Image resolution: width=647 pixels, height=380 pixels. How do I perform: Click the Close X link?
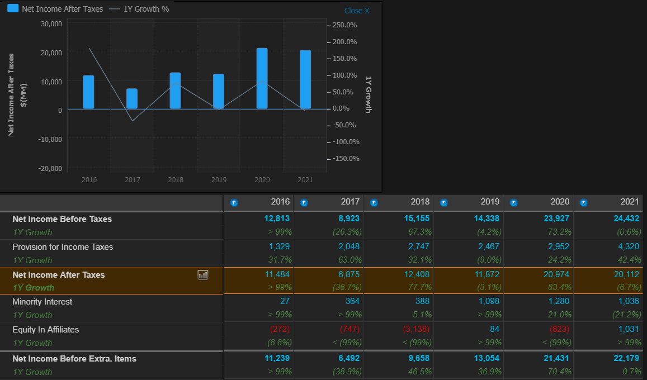coord(357,11)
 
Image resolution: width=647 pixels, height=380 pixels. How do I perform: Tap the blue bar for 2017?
coord(132,98)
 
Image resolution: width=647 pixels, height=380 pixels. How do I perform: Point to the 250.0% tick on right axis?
coord(344,25)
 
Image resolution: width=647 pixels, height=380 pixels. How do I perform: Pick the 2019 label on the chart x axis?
coord(219,180)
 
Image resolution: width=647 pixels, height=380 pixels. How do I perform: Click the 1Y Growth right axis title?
coord(368,94)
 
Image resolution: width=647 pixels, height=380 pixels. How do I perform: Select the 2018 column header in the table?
coord(420,201)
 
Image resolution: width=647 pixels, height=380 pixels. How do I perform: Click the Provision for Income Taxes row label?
coord(63,246)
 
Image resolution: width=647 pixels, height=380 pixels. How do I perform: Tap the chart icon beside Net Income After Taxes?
coord(203,274)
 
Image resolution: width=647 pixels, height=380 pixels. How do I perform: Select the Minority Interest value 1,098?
coord(488,302)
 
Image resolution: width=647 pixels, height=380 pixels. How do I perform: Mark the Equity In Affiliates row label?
coord(46,330)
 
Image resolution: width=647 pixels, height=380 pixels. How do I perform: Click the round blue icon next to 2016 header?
coord(234,202)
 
